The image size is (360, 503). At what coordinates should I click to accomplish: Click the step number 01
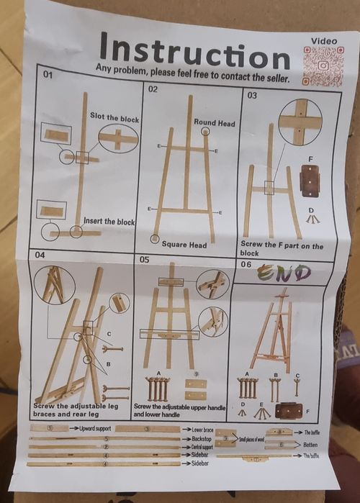click(x=48, y=75)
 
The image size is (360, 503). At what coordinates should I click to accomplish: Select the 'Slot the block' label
click(x=114, y=117)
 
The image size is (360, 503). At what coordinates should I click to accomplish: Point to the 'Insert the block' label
click(x=109, y=222)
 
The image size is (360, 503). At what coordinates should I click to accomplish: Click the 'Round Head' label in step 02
click(x=214, y=123)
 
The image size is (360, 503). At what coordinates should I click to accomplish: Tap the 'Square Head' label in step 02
click(x=184, y=245)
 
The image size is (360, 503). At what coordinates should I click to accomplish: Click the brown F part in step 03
click(x=310, y=181)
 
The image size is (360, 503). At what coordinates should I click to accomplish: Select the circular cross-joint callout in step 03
click(x=300, y=118)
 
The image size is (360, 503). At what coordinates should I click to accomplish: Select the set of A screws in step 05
click(x=158, y=389)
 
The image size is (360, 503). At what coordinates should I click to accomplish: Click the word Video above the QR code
click(x=323, y=41)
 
